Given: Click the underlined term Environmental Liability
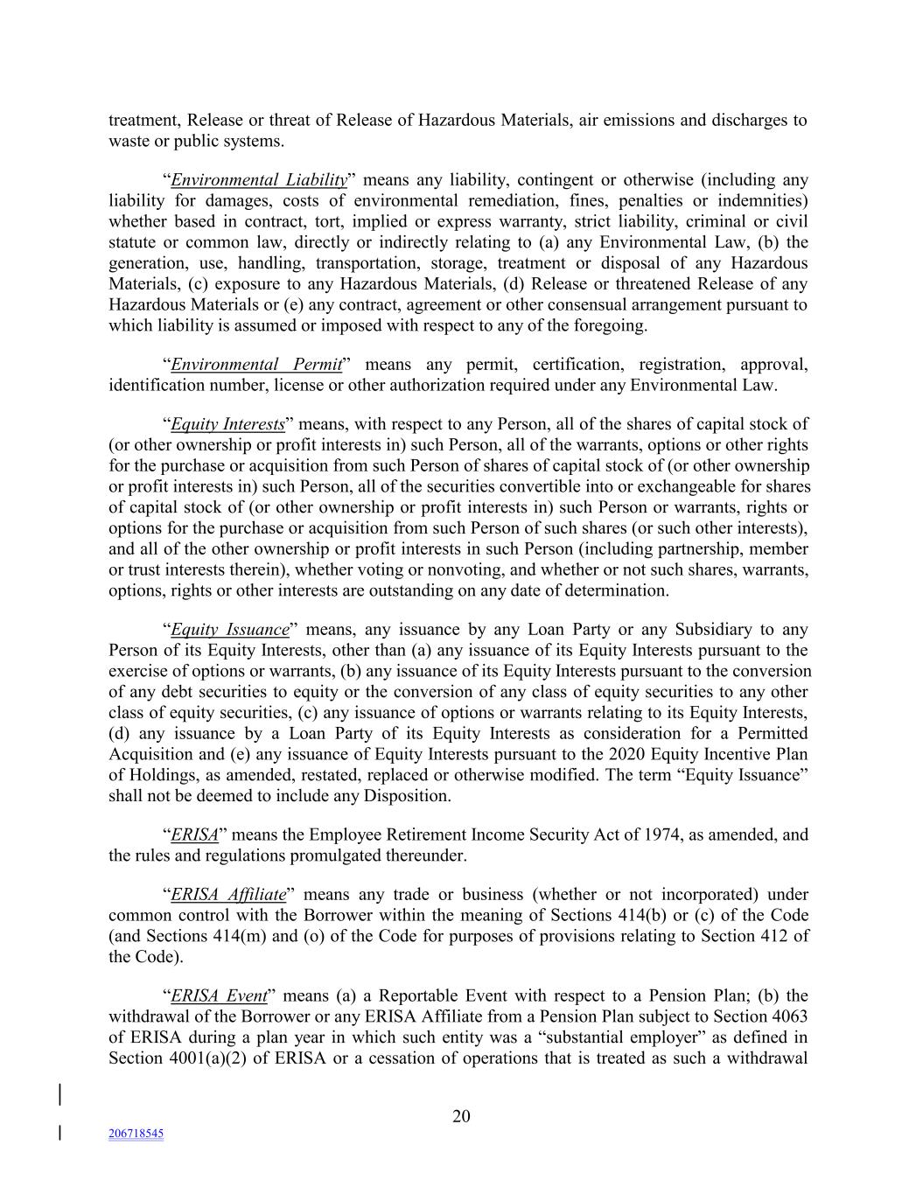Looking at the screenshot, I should click(x=259, y=180).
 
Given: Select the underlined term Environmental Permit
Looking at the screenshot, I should click(x=255, y=365).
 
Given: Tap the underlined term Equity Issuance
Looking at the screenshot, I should click(x=229, y=630).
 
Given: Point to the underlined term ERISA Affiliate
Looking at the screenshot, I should click(x=228, y=895).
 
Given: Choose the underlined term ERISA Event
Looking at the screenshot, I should click(x=219, y=996).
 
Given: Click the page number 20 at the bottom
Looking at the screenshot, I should click(x=461, y=1116).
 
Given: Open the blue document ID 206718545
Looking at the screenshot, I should click(x=136, y=1134).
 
